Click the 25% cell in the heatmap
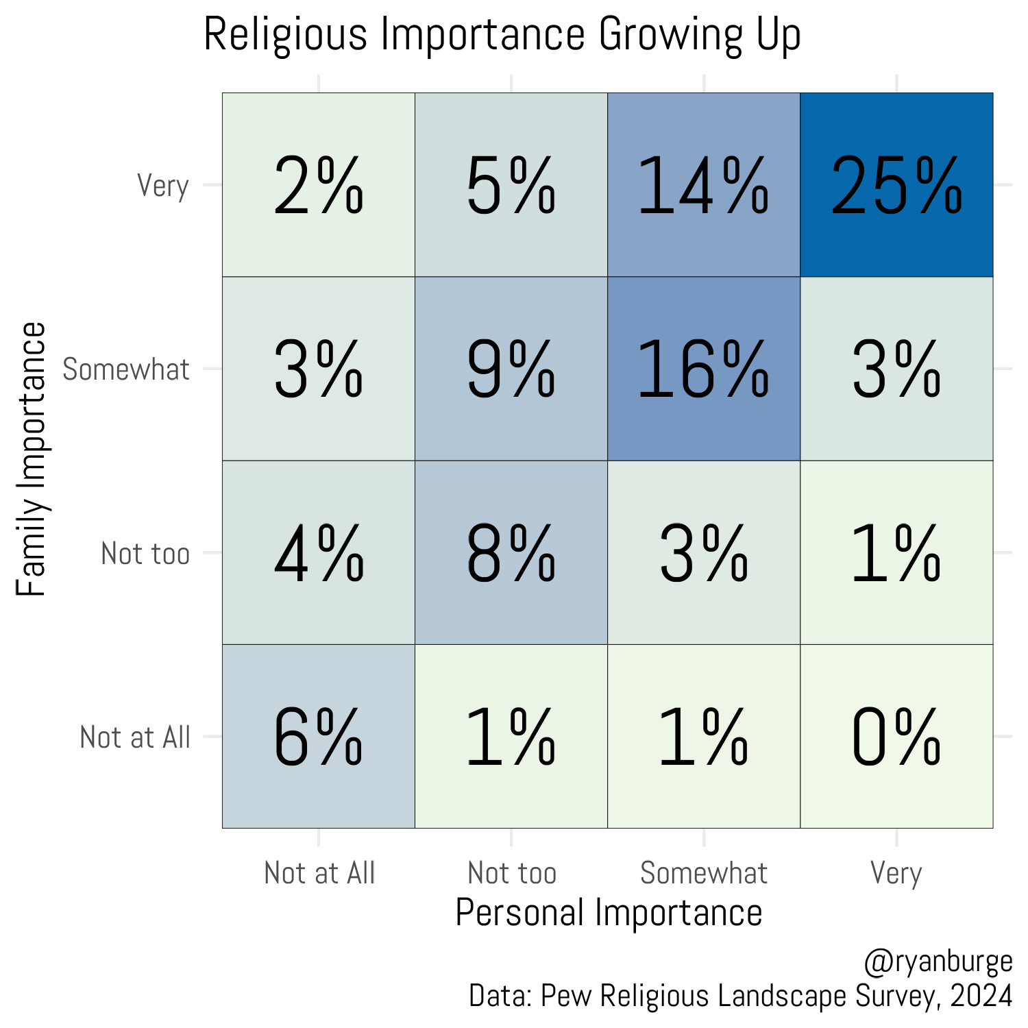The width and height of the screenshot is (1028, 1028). pos(896,185)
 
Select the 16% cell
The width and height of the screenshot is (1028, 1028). pos(704,369)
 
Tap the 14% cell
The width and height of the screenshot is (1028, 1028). pos(704,185)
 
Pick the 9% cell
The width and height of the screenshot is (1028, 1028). pos(511,369)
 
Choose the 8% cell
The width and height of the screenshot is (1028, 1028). pos(511,553)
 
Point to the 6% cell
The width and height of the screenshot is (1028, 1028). pos(319,737)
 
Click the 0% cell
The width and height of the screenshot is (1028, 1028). pos(896,737)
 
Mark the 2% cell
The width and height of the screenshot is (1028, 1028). pos(319,185)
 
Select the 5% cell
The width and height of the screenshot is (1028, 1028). pos(511,185)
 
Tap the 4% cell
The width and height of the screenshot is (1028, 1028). pos(319,553)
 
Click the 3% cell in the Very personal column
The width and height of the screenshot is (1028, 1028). pos(896,369)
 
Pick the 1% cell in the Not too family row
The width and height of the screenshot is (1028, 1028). pos(896,553)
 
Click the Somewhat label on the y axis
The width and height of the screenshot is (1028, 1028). pos(126,369)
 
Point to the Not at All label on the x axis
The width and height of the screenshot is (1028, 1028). pos(319,873)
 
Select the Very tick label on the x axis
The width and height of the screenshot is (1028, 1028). pos(896,873)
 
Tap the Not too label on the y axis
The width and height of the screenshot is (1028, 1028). pos(145,553)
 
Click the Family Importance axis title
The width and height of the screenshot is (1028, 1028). pos(32,459)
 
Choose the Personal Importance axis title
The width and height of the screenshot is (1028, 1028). pos(609,913)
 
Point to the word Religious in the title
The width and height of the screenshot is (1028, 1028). pos(286,34)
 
